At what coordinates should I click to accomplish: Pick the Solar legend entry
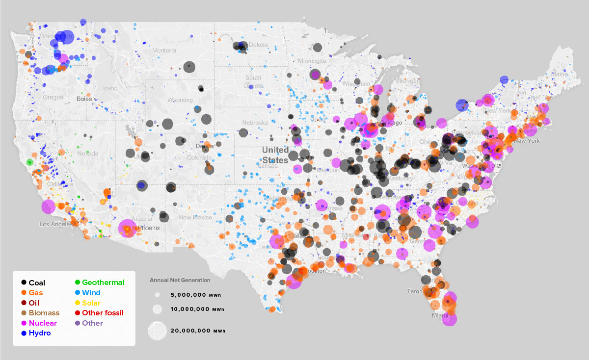pyautogui.click(x=91, y=303)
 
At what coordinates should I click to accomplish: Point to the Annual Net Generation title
pyautogui.click(x=180, y=280)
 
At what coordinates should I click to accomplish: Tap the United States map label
pyautogui.click(x=275, y=154)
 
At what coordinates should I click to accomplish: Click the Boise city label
pyautogui.click(x=84, y=99)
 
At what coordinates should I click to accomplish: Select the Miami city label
pyautogui.click(x=440, y=315)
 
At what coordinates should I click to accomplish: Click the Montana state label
pyautogui.click(x=164, y=51)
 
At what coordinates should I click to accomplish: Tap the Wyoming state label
pyautogui.click(x=180, y=100)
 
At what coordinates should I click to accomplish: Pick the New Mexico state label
pyautogui.click(x=195, y=217)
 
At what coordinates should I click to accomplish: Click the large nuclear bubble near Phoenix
pyautogui.click(x=127, y=229)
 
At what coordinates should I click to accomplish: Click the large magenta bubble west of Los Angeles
pyautogui.click(x=48, y=207)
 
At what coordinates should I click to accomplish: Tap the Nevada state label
pyautogui.click(x=88, y=154)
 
